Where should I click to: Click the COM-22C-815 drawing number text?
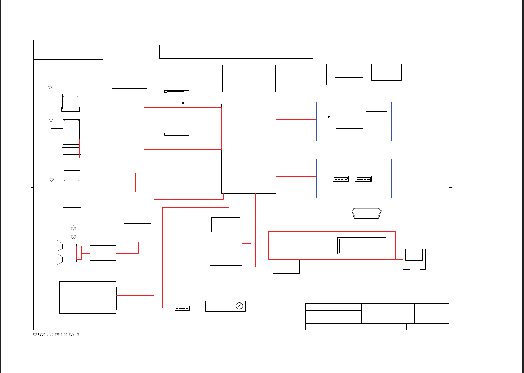point(56,334)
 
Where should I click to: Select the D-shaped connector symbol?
point(367,213)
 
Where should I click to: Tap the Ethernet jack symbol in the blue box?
point(326,121)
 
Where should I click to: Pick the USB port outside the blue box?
point(182,308)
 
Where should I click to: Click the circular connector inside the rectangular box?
point(239,306)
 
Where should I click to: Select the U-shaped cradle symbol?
point(414,260)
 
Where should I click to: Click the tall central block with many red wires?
point(249,149)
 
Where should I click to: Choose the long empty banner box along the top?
point(236,52)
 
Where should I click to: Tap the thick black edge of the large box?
point(116,297)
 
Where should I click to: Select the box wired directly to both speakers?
point(103,253)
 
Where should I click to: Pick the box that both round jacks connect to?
point(137,233)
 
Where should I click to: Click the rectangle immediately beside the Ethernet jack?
point(349,121)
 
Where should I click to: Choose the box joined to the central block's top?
point(249,78)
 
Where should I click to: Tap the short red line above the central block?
point(248,98)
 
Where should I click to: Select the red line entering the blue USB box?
point(296,176)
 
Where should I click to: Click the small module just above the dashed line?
point(72,163)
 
